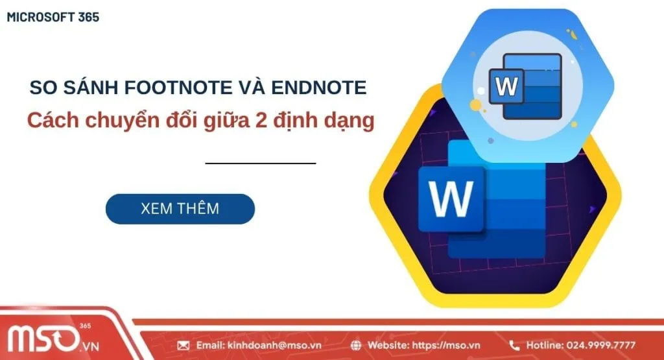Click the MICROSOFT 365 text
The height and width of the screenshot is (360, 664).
tap(53, 18)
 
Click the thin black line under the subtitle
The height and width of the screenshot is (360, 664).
tap(260, 163)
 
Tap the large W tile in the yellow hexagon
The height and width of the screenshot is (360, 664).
tap(451, 198)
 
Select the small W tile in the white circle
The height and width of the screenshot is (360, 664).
tap(507, 86)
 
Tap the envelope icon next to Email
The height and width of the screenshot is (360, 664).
tap(183, 345)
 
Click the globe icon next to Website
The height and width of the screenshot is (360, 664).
tap(356, 345)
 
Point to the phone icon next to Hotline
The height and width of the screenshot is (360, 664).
tap(515, 345)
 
